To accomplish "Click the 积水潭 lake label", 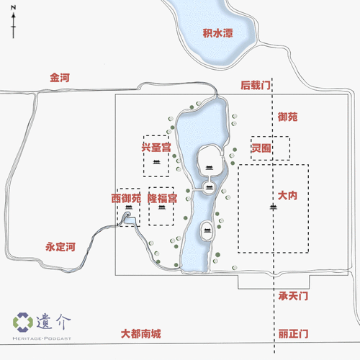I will click(x=217, y=33).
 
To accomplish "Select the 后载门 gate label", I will click(x=256, y=85).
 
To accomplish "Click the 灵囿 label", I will click(x=261, y=148).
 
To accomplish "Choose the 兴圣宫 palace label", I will click(x=156, y=147).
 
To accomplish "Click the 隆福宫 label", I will click(x=162, y=197).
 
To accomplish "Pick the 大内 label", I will click(x=287, y=195).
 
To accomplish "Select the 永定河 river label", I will click(x=60, y=246).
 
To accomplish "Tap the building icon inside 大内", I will click(x=273, y=207).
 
